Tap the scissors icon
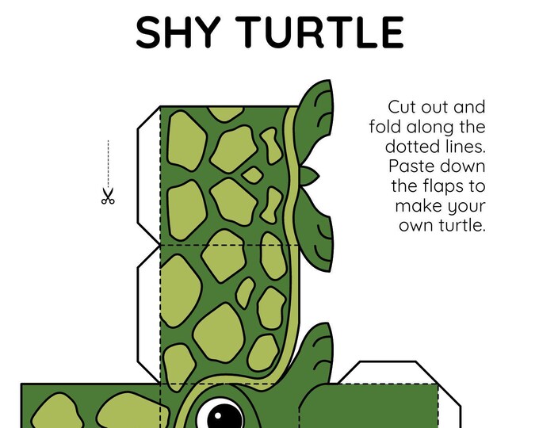108,196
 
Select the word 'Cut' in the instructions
403,107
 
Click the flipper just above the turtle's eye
317,353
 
